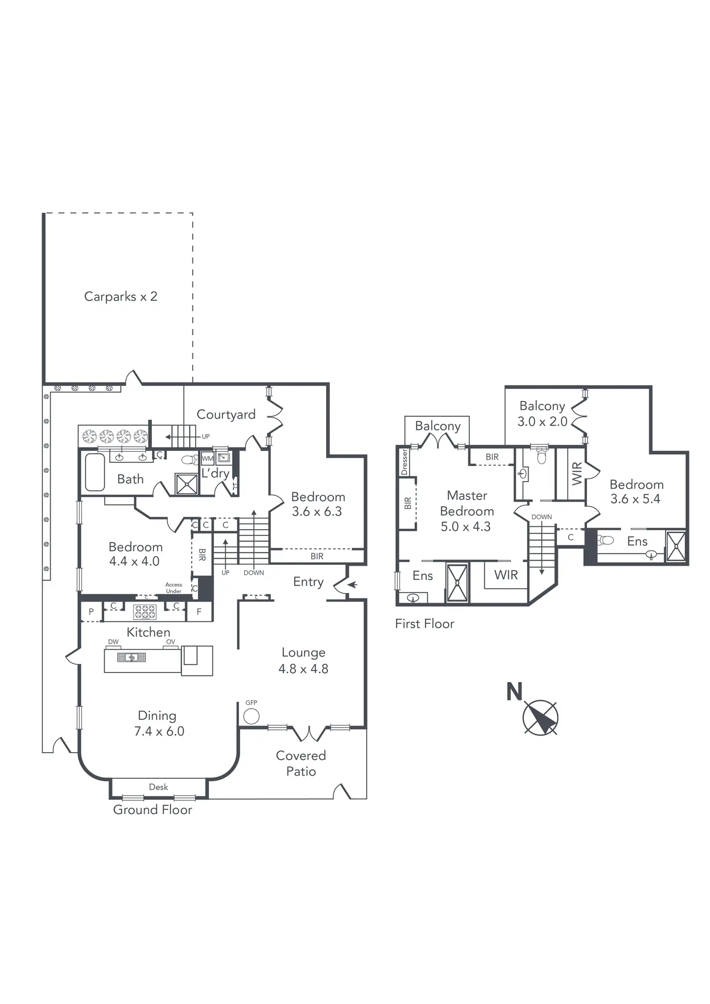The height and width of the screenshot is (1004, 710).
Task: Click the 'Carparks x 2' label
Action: pyautogui.click(x=121, y=296)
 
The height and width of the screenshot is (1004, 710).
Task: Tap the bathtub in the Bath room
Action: pyautogui.click(x=95, y=472)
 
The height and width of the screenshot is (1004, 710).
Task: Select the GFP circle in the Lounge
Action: pyautogui.click(x=251, y=716)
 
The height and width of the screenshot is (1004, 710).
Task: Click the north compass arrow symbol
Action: pyautogui.click(x=541, y=718)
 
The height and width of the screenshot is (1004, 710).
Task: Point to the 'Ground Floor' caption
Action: pyautogui.click(x=152, y=810)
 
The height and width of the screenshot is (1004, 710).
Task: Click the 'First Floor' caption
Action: pyautogui.click(x=424, y=624)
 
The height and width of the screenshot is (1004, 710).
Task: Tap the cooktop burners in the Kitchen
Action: pyautogui.click(x=145, y=612)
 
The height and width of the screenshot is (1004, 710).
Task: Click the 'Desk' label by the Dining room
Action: pyautogui.click(x=158, y=787)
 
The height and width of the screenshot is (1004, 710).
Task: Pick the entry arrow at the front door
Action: pyautogui.click(x=353, y=585)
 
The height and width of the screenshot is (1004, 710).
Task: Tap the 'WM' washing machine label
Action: pyautogui.click(x=207, y=458)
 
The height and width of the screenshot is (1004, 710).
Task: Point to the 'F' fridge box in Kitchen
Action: pyautogui.click(x=199, y=612)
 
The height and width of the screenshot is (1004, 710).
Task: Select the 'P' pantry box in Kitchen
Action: pyautogui.click(x=91, y=612)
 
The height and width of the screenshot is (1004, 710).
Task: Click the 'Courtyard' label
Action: pyautogui.click(x=226, y=414)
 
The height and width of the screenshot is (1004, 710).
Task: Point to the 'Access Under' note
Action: pyautogui.click(x=174, y=588)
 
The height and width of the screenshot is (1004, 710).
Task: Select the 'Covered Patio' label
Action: pyautogui.click(x=301, y=763)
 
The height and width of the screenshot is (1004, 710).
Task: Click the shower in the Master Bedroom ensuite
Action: pyautogui.click(x=457, y=583)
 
